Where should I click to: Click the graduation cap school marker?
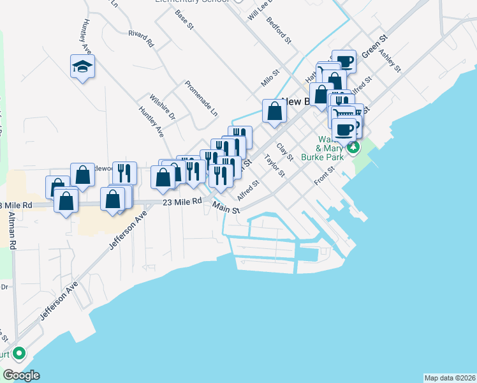click(x=83, y=66)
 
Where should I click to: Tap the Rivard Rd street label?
click(x=142, y=39)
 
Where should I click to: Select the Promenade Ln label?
click(x=202, y=98)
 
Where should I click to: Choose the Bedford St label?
click(x=279, y=31)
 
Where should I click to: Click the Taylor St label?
click(x=274, y=166)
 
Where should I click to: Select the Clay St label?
click(x=285, y=152)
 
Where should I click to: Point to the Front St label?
click(x=325, y=176)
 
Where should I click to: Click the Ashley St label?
click(x=389, y=59)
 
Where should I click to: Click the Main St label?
click(x=226, y=209)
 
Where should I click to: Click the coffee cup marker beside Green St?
click(x=344, y=62)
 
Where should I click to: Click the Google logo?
click(x=20, y=375)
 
